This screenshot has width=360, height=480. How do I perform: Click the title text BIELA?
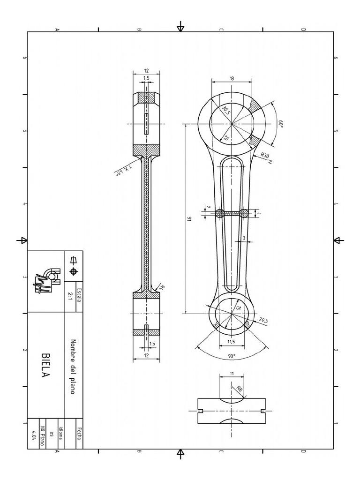click(45, 366)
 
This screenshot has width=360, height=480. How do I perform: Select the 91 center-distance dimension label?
click(189, 218)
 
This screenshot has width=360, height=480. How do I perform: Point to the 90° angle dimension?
click(232, 356)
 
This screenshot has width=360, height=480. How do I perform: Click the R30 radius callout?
click(265, 156)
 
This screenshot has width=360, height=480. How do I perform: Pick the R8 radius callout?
click(240, 388)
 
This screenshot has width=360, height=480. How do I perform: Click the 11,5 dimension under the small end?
click(231, 341)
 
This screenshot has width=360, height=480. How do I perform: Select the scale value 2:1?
click(71, 296)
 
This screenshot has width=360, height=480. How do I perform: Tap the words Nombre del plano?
click(73, 366)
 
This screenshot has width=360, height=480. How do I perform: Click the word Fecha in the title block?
click(79, 434)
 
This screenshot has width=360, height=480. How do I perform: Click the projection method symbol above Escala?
click(73, 265)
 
